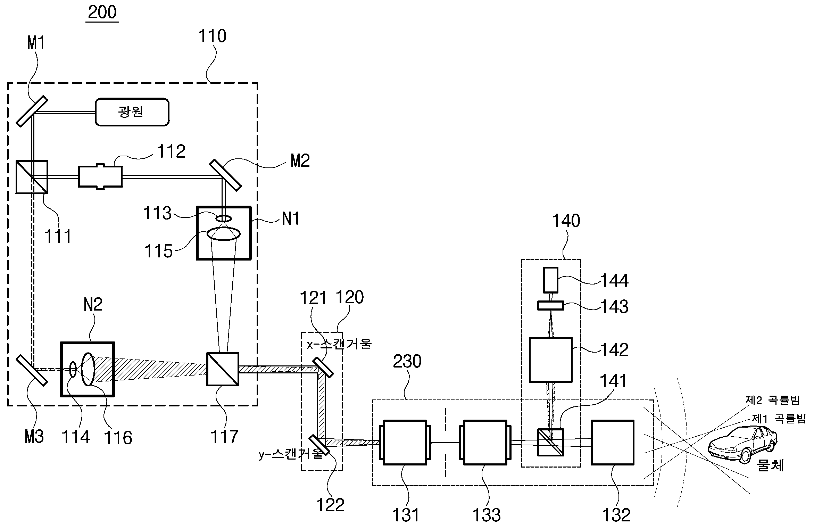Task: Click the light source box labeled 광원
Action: coord(132,112)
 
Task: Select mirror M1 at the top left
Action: coord(32,111)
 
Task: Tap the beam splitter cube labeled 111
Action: coord(32,177)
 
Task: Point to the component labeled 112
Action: coord(100,177)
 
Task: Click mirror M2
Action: coord(225,175)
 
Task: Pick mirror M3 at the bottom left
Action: coord(32,370)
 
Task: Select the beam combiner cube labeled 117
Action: coord(223,369)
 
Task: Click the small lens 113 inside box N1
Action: coord(224,218)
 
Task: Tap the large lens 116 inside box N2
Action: coord(88,369)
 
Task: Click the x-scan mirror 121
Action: coord(323,368)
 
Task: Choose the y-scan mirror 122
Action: coord(318,445)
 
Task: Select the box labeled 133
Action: coord(485,442)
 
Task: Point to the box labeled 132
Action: coord(613,442)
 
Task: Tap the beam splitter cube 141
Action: coord(551,442)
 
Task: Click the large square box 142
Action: coord(550,360)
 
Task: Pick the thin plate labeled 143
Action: coord(551,306)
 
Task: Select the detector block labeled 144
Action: coord(551,280)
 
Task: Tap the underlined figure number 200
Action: coord(102,13)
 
